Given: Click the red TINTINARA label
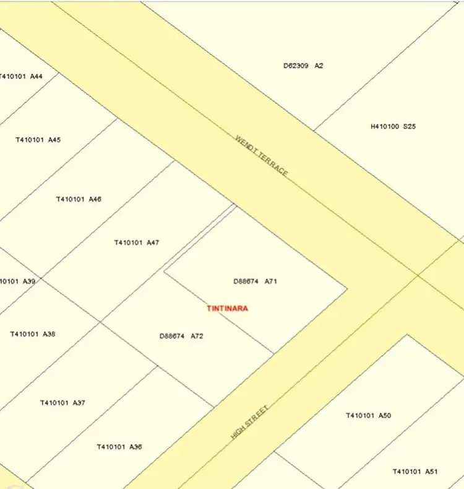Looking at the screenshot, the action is coord(227,308).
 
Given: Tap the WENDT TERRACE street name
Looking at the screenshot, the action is coord(262,156).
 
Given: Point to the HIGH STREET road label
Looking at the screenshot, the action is coord(249,422).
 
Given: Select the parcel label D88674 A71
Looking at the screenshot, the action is coord(255,281).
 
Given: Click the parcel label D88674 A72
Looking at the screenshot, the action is coord(181,337).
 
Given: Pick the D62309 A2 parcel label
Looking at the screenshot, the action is coord(303,65).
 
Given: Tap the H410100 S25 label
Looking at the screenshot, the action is coord(393,126).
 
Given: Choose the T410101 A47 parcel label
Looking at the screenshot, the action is coord(136,243).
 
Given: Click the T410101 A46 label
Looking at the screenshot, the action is coord(79,200).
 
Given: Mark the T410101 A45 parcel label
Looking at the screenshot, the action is coord(38,140).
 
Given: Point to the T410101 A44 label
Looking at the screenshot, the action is coord(22,76).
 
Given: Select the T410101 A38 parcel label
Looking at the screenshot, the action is coord(32,335).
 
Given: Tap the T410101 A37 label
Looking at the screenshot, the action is coord(62,403).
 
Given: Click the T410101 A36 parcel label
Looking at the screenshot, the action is coord(119,447).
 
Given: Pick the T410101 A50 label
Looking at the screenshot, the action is coord(368,416).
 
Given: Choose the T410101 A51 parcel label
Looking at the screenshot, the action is coord(415,472).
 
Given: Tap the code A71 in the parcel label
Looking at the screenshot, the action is coord(271,281).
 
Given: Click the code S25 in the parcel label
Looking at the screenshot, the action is coord(410,126).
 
